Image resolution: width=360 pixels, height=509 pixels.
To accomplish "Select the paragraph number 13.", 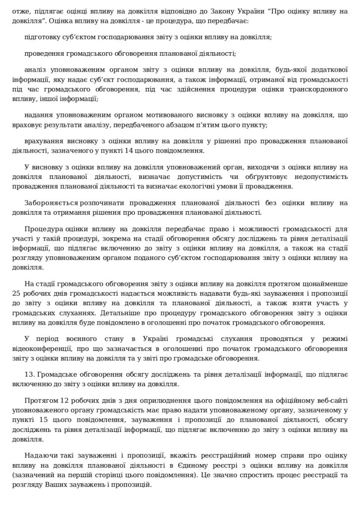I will coord(28,374).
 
